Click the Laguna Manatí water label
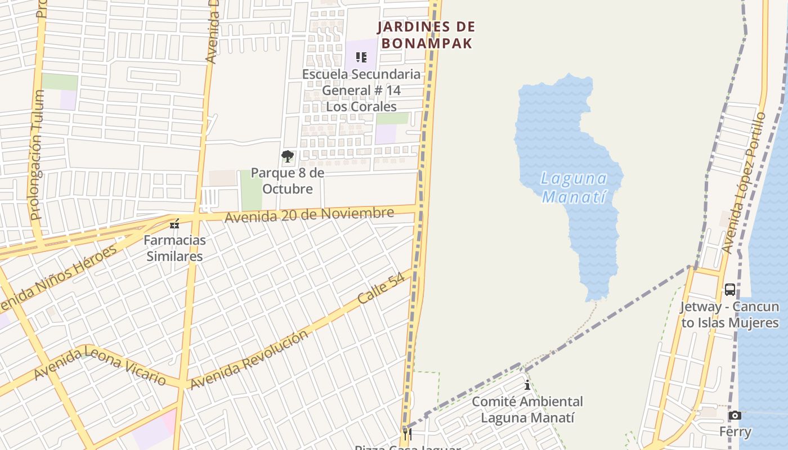(x=574, y=188)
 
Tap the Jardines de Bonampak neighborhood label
(x=426, y=35)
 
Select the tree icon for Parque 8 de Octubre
(x=288, y=156)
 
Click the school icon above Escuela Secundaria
(x=361, y=57)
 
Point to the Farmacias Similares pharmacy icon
(x=174, y=224)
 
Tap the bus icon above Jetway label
(x=729, y=290)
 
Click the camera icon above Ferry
(x=735, y=415)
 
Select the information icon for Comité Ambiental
(x=527, y=385)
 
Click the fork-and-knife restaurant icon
(x=408, y=434)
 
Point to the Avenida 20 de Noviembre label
(x=310, y=214)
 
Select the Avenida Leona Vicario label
(x=100, y=366)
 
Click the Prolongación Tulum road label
(x=37, y=155)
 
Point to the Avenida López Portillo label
(x=744, y=183)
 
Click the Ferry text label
(x=735, y=432)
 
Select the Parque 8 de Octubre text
(x=288, y=181)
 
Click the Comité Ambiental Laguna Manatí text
(x=527, y=409)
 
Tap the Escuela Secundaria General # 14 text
(x=361, y=90)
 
